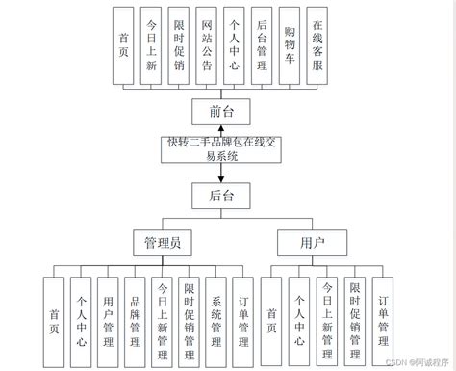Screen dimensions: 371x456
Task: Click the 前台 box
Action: point(221,111)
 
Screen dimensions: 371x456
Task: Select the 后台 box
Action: point(221,196)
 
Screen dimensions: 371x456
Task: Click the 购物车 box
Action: point(291,47)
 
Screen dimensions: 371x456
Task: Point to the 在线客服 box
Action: point(319,47)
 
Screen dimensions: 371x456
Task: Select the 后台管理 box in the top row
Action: point(264,47)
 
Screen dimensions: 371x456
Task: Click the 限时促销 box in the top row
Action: point(180,47)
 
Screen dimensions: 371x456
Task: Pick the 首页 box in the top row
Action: point(124,47)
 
